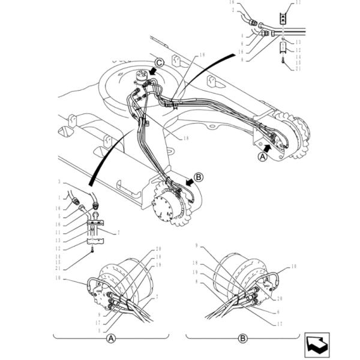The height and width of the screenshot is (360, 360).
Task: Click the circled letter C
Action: pyautogui.click(x=159, y=62)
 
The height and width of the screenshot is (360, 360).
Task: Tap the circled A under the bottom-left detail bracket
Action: pyautogui.click(x=110, y=338)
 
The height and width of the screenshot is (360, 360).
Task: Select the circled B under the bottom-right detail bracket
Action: pyautogui.click(x=243, y=338)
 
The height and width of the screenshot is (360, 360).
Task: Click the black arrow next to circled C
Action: pyautogui.click(x=150, y=71)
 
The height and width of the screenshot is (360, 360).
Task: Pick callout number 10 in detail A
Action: pyautogui.click(x=59, y=278)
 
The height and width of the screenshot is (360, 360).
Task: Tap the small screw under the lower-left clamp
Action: pyautogui.click(x=92, y=251)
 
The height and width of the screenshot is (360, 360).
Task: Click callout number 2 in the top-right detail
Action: pyautogui.click(x=233, y=10)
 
